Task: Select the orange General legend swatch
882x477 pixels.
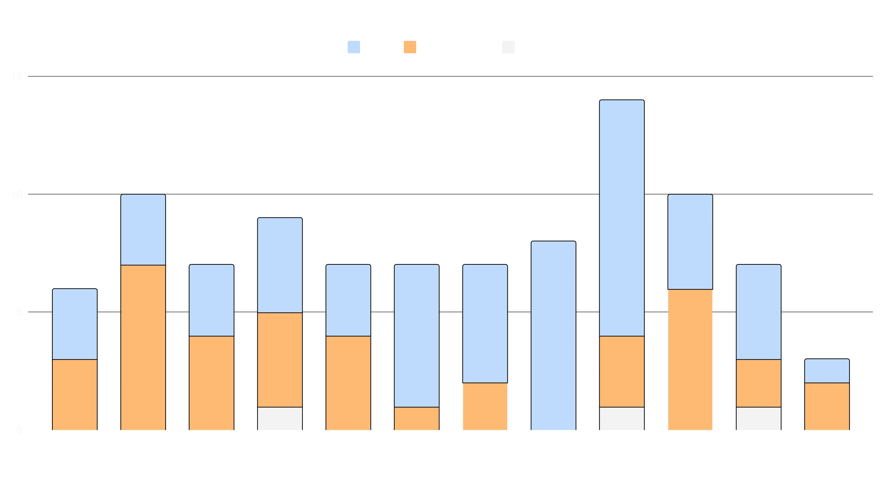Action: (410, 48)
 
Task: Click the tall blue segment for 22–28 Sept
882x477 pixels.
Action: (622, 218)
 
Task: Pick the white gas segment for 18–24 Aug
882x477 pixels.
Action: (280, 418)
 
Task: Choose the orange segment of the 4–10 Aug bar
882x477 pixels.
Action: (143, 347)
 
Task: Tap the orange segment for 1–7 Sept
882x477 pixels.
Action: (417, 418)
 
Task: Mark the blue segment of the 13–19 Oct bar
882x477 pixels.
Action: (827, 371)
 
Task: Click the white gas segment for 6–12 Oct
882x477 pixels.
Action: (758, 418)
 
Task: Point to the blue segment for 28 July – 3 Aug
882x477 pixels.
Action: (75, 324)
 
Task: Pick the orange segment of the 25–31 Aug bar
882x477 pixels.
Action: (348, 383)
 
